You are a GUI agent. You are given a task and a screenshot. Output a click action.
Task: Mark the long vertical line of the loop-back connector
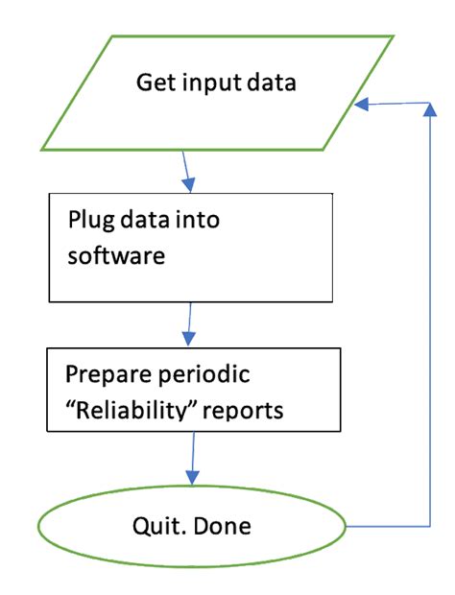pyautogui.click(x=428, y=317)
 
